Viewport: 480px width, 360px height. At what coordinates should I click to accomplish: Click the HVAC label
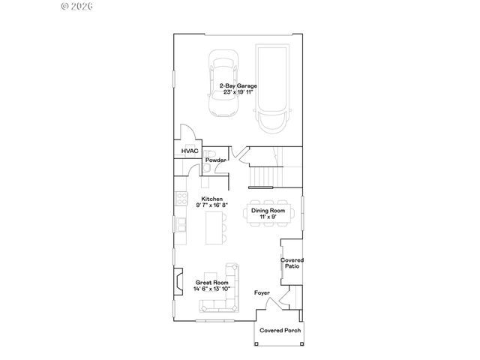click(188, 151)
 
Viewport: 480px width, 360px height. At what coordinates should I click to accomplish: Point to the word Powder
click(216, 160)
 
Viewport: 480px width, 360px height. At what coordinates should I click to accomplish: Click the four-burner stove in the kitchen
click(180, 199)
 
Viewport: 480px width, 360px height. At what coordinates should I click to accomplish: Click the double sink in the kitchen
click(180, 224)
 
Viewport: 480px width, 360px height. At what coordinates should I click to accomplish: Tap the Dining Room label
click(268, 211)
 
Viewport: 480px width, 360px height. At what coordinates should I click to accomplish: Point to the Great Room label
click(211, 283)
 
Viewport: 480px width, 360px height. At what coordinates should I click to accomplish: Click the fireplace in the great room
click(178, 283)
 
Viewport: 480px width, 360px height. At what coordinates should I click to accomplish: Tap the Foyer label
click(262, 292)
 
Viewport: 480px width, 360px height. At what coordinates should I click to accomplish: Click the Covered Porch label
click(278, 330)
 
